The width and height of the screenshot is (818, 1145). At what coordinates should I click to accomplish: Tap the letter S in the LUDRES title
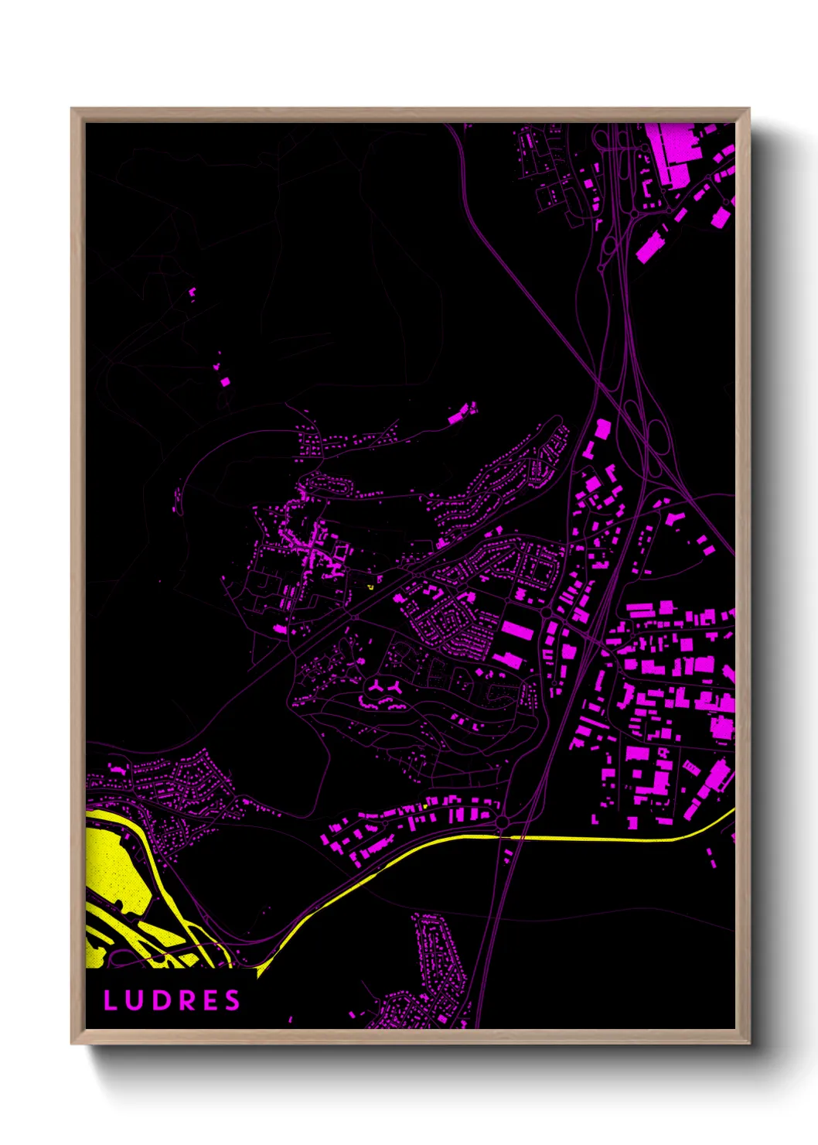(x=233, y=1000)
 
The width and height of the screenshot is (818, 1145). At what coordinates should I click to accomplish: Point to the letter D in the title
(x=158, y=1000)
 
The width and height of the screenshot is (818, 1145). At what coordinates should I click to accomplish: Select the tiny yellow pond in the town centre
(x=370, y=587)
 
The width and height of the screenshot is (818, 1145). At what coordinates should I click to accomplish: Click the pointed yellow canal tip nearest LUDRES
(x=260, y=971)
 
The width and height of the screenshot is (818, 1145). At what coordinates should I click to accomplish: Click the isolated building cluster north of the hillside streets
(x=462, y=412)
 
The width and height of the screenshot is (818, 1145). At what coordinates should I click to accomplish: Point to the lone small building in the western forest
(x=225, y=381)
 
